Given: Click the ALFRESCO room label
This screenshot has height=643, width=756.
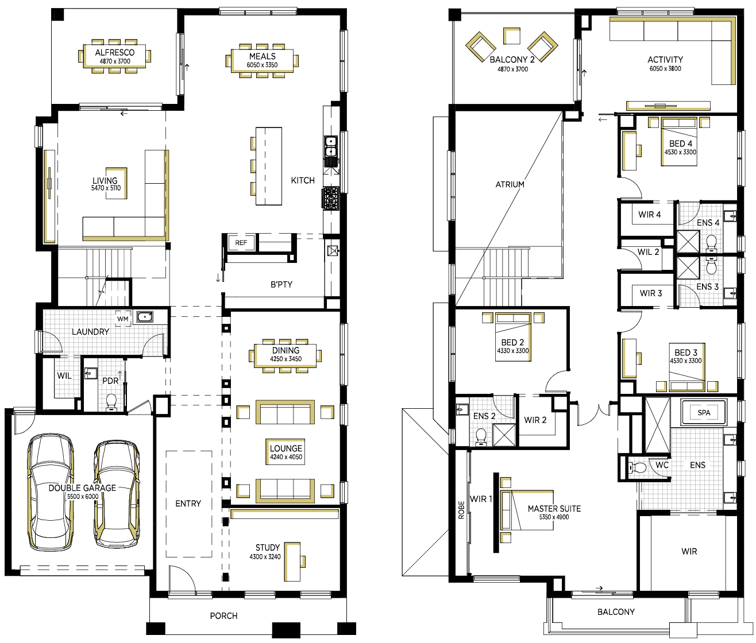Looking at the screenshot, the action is (114, 52).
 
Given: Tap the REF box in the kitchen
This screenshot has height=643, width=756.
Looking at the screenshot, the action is (241, 243).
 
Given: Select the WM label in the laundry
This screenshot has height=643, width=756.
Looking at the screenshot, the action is (123, 319).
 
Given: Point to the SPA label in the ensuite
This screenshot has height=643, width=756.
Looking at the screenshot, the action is (704, 413).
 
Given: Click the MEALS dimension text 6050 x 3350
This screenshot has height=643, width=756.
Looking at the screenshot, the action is (262, 65).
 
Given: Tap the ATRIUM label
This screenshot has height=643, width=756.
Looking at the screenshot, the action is (510, 184).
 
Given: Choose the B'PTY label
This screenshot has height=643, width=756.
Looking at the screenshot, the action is (281, 284).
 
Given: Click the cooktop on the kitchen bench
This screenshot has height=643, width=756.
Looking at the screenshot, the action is (331, 199).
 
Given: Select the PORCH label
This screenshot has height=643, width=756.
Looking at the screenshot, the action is (223, 616).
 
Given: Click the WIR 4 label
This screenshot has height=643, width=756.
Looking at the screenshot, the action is (650, 215).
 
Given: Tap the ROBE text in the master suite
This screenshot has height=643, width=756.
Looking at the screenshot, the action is (461, 510).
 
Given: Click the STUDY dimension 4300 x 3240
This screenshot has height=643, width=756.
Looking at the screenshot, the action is (265, 557).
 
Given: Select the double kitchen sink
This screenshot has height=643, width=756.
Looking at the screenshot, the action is (331, 146).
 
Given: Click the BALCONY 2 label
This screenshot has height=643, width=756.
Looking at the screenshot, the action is (512, 59).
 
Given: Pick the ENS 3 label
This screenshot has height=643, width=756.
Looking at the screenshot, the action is (707, 286).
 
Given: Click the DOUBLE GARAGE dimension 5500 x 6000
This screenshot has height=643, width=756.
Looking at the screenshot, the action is (83, 497).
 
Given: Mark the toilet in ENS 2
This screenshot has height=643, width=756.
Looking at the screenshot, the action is (481, 436).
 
